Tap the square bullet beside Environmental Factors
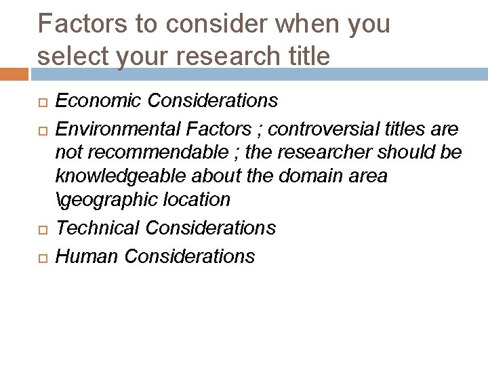point(40,129)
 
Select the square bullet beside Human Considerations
point(40,258)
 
